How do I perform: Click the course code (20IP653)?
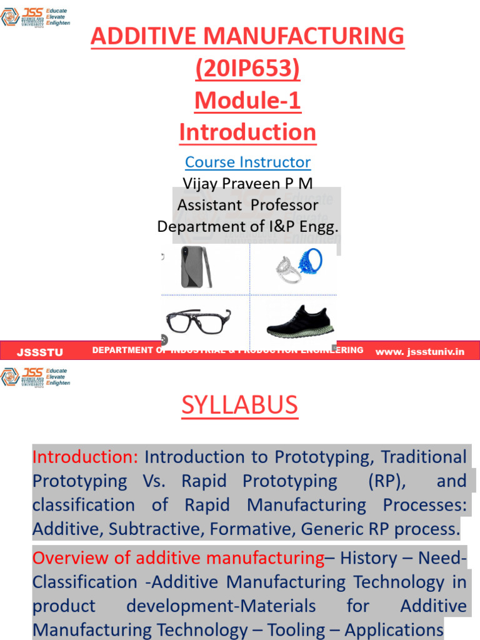click(247, 68)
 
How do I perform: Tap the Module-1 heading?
click(247, 100)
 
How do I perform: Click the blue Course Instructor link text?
click(247, 162)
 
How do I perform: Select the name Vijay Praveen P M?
click(247, 183)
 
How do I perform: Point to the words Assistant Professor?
click(247, 204)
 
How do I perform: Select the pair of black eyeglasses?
click(197, 320)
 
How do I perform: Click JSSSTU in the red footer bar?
click(40, 352)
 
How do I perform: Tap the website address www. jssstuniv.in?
click(420, 351)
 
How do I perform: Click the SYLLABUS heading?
click(240, 406)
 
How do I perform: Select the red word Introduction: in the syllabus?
click(85, 457)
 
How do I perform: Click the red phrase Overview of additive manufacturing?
click(178, 557)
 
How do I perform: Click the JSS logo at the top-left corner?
click(35, 17)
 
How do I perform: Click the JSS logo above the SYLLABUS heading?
click(35, 377)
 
